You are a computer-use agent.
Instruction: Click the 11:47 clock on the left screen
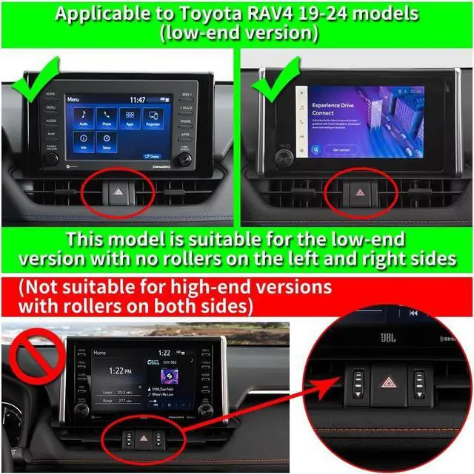137,99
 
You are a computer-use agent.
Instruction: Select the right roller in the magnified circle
420,384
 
